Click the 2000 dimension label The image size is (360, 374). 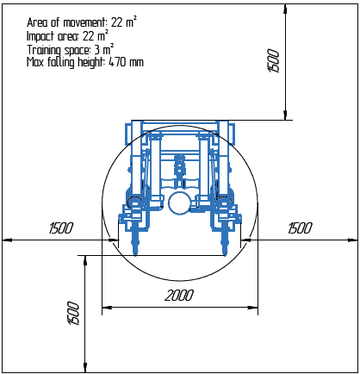pyautogui.click(x=179, y=296)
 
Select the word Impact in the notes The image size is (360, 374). pyautogui.click(x=40, y=36)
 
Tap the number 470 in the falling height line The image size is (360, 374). pyautogui.click(x=117, y=62)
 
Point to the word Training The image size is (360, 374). pyautogui.click(x=44, y=50)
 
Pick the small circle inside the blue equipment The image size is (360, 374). pyautogui.click(x=179, y=203)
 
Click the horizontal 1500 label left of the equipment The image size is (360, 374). pyautogui.click(x=61, y=228)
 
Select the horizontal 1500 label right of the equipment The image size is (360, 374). pyautogui.click(x=300, y=228)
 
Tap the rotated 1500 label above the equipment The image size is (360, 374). pyautogui.click(x=273, y=61)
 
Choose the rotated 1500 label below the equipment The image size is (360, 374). pyautogui.click(x=73, y=314)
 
